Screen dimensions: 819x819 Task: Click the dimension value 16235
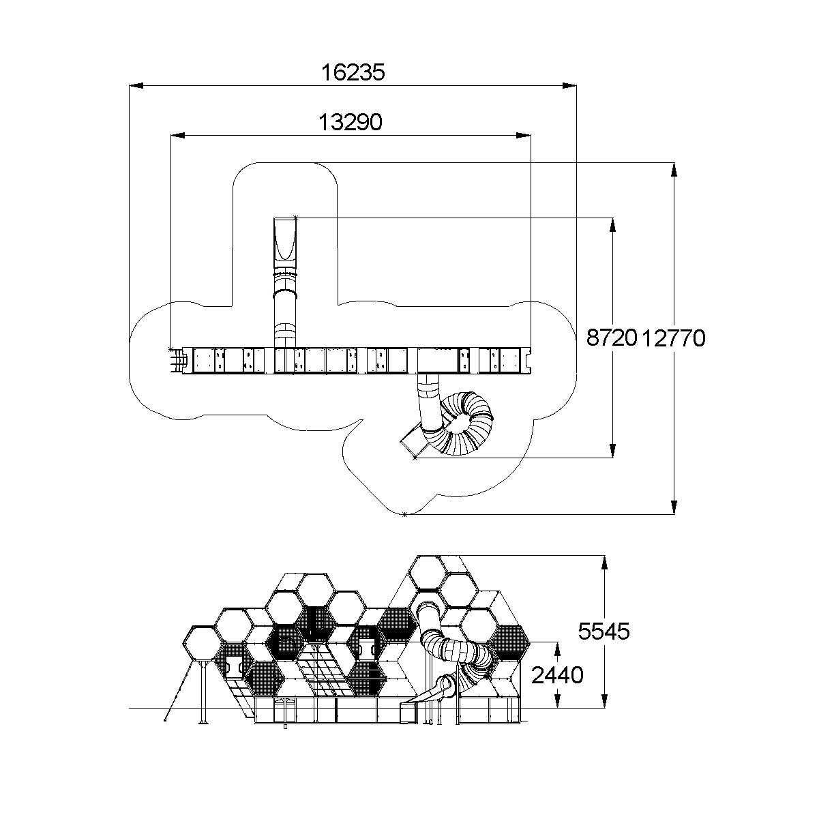[353, 72]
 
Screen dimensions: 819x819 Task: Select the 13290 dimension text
[351, 123]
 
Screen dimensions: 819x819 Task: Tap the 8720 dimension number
[612, 338]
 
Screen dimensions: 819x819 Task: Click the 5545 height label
[604, 631]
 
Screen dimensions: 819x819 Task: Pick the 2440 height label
[557, 675]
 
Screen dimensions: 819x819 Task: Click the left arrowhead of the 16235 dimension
[136, 85]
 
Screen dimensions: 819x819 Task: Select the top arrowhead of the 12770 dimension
[674, 169]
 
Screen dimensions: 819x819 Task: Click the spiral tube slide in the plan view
[465, 423]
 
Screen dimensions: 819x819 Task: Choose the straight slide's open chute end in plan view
[285, 239]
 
